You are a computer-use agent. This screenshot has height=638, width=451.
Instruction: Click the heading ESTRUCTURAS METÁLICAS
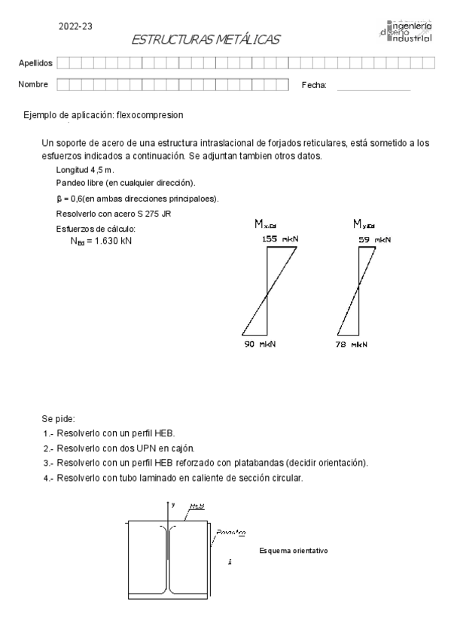[206, 39]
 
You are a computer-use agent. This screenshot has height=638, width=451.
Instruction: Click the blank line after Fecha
[373, 87]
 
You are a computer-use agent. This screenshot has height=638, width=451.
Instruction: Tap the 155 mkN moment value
[280, 238]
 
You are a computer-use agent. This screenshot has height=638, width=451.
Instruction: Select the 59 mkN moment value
[374, 238]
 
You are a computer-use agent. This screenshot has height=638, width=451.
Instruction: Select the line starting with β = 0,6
[137, 199]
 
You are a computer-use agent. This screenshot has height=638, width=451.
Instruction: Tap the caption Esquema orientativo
[292, 551]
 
